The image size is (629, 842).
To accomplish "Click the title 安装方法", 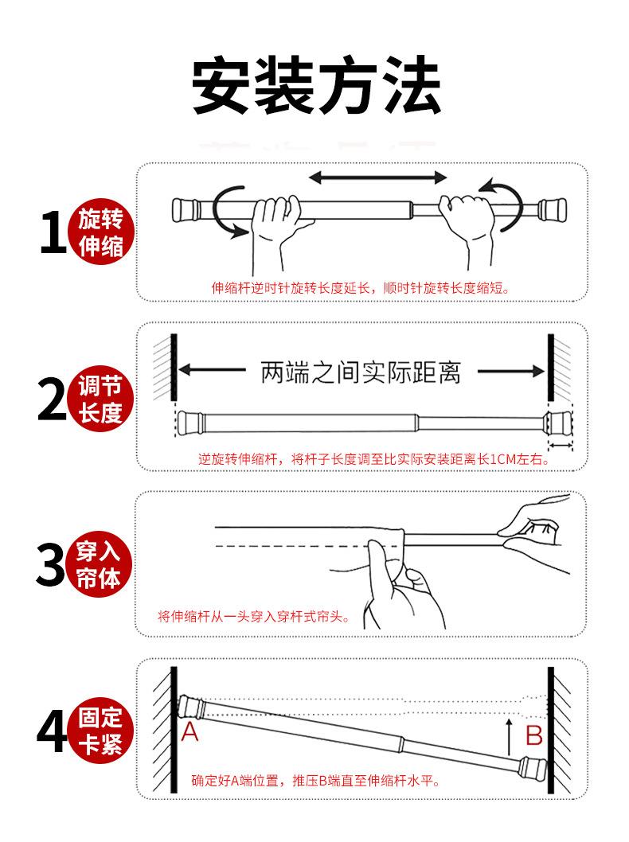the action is [x=316, y=84].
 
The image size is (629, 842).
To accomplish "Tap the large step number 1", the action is [x=53, y=232].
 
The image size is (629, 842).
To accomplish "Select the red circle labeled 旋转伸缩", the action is [x=100, y=232].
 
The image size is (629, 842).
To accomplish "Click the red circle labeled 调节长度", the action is [x=100, y=400].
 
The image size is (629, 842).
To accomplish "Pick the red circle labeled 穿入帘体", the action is [x=99, y=565].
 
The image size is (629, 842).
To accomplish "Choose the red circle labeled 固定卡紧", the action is [x=100, y=731].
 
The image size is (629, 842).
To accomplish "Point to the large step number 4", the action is [x=52, y=731].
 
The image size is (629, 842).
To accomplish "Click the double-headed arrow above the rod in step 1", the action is [x=377, y=177].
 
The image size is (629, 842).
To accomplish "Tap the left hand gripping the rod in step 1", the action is [x=275, y=232].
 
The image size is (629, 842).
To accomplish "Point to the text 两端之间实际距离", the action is [x=361, y=372].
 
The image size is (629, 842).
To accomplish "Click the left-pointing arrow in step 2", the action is [x=212, y=370].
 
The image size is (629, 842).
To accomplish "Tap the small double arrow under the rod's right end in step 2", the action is [x=561, y=445].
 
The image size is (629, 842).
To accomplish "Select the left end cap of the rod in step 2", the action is [x=190, y=423].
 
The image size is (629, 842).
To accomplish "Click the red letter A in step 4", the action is [x=189, y=732].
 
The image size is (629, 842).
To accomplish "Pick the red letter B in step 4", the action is [x=534, y=735].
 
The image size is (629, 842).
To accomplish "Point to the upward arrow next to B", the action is [x=510, y=738].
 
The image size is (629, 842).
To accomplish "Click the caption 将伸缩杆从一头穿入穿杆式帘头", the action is [x=253, y=616].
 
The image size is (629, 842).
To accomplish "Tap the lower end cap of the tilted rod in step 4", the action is [x=532, y=769].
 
